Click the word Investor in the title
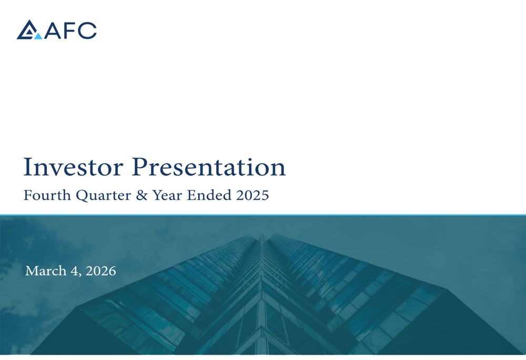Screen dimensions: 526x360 point(73,167)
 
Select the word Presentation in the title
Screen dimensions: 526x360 point(209,167)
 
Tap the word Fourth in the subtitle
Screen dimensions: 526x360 point(47,195)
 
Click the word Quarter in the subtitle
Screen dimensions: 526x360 point(103,196)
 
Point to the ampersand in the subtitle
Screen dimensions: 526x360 point(141,195)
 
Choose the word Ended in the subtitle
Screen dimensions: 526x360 point(209,195)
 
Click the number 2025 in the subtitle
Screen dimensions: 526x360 point(252,195)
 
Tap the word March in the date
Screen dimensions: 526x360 point(46,271)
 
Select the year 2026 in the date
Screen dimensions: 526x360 point(100,271)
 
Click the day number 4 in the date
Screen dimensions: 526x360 point(74,271)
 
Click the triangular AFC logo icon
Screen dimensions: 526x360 point(29,29)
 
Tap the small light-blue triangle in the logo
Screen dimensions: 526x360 point(38,36)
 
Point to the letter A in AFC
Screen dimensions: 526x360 point(53,30)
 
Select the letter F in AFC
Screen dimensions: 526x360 point(70,30)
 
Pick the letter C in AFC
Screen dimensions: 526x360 point(87,30)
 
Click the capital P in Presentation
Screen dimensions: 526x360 point(140,167)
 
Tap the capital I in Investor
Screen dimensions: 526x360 point(27,167)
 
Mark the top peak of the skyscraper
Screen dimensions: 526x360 point(261,234)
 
